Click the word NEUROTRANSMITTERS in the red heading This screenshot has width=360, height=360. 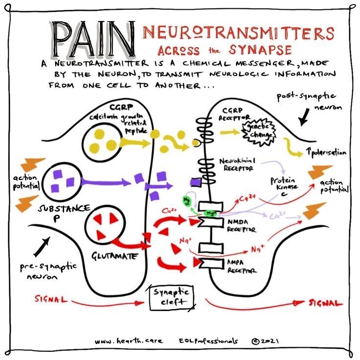click(x=238, y=33)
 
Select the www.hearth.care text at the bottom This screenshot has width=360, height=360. click(x=130, y=341)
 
